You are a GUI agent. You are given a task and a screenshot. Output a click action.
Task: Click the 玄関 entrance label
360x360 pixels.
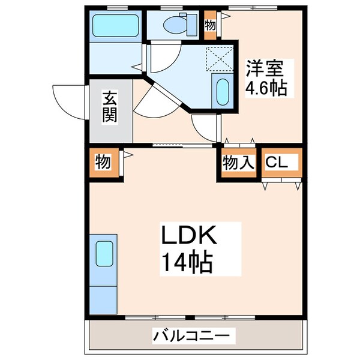click(x=109, y=106)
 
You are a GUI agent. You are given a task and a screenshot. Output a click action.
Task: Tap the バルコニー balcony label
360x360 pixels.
click(x=191, y=335)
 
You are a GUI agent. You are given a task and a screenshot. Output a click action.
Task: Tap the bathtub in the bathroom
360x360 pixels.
click(x=116, y=26)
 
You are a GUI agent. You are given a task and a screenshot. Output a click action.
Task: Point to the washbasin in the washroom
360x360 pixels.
click(x=221, y=92)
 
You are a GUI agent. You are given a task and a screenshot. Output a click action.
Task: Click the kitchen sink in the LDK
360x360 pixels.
click(x=104, y=253)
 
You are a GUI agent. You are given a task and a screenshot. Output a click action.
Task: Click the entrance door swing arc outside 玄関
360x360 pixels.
click(x=67, y=99)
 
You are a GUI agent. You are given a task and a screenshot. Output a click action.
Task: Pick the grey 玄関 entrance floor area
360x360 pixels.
click(x=110, y=120)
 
